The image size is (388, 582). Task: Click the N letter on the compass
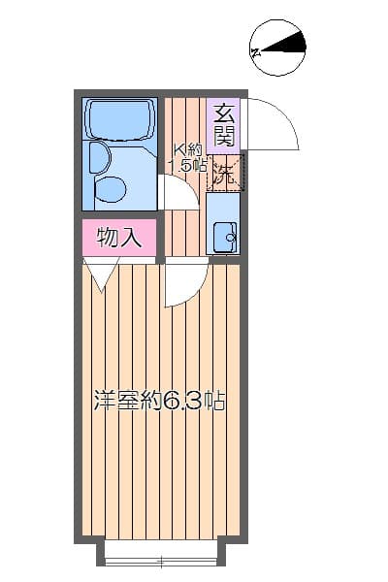(x=255, y=52)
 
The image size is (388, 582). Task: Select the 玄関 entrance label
(x=225, y=125)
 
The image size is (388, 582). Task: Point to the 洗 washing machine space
(x=226, y=173)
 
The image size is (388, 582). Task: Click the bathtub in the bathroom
(x=119, y=118)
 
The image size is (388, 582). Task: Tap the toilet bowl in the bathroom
(x=111, y=189)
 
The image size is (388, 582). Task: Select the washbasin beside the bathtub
(x=99, y=157)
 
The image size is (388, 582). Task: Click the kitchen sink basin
(x=226, y=238)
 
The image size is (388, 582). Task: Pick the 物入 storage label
(x=119, y=238)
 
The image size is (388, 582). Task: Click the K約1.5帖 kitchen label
(x=187, y=158)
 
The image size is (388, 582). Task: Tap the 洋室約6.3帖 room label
(x=160, y=400)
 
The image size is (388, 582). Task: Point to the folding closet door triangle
(x=101, y=274)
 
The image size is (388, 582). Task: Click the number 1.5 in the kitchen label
(x=181, y=165)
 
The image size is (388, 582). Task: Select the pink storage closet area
(x=118, y=238)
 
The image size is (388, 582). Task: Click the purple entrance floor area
(x=223, y=126)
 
